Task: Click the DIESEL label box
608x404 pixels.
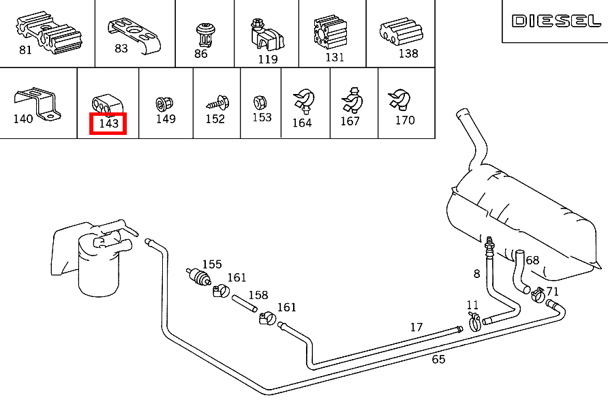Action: coord(556,21)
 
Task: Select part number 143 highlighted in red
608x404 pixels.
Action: coord(108,123)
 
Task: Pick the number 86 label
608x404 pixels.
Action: coord(200,54)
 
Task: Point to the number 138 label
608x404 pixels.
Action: coord(408,53)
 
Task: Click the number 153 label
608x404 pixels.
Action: coord(262,117)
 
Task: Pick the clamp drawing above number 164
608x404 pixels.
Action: coord(302,102)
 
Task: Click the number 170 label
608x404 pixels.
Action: coord(405,121)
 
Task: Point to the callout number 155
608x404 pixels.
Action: coord(212,264)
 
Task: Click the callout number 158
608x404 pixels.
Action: coord(258,296)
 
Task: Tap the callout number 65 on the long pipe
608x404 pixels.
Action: coord(438,359)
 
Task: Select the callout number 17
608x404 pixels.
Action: coord(416,328)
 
